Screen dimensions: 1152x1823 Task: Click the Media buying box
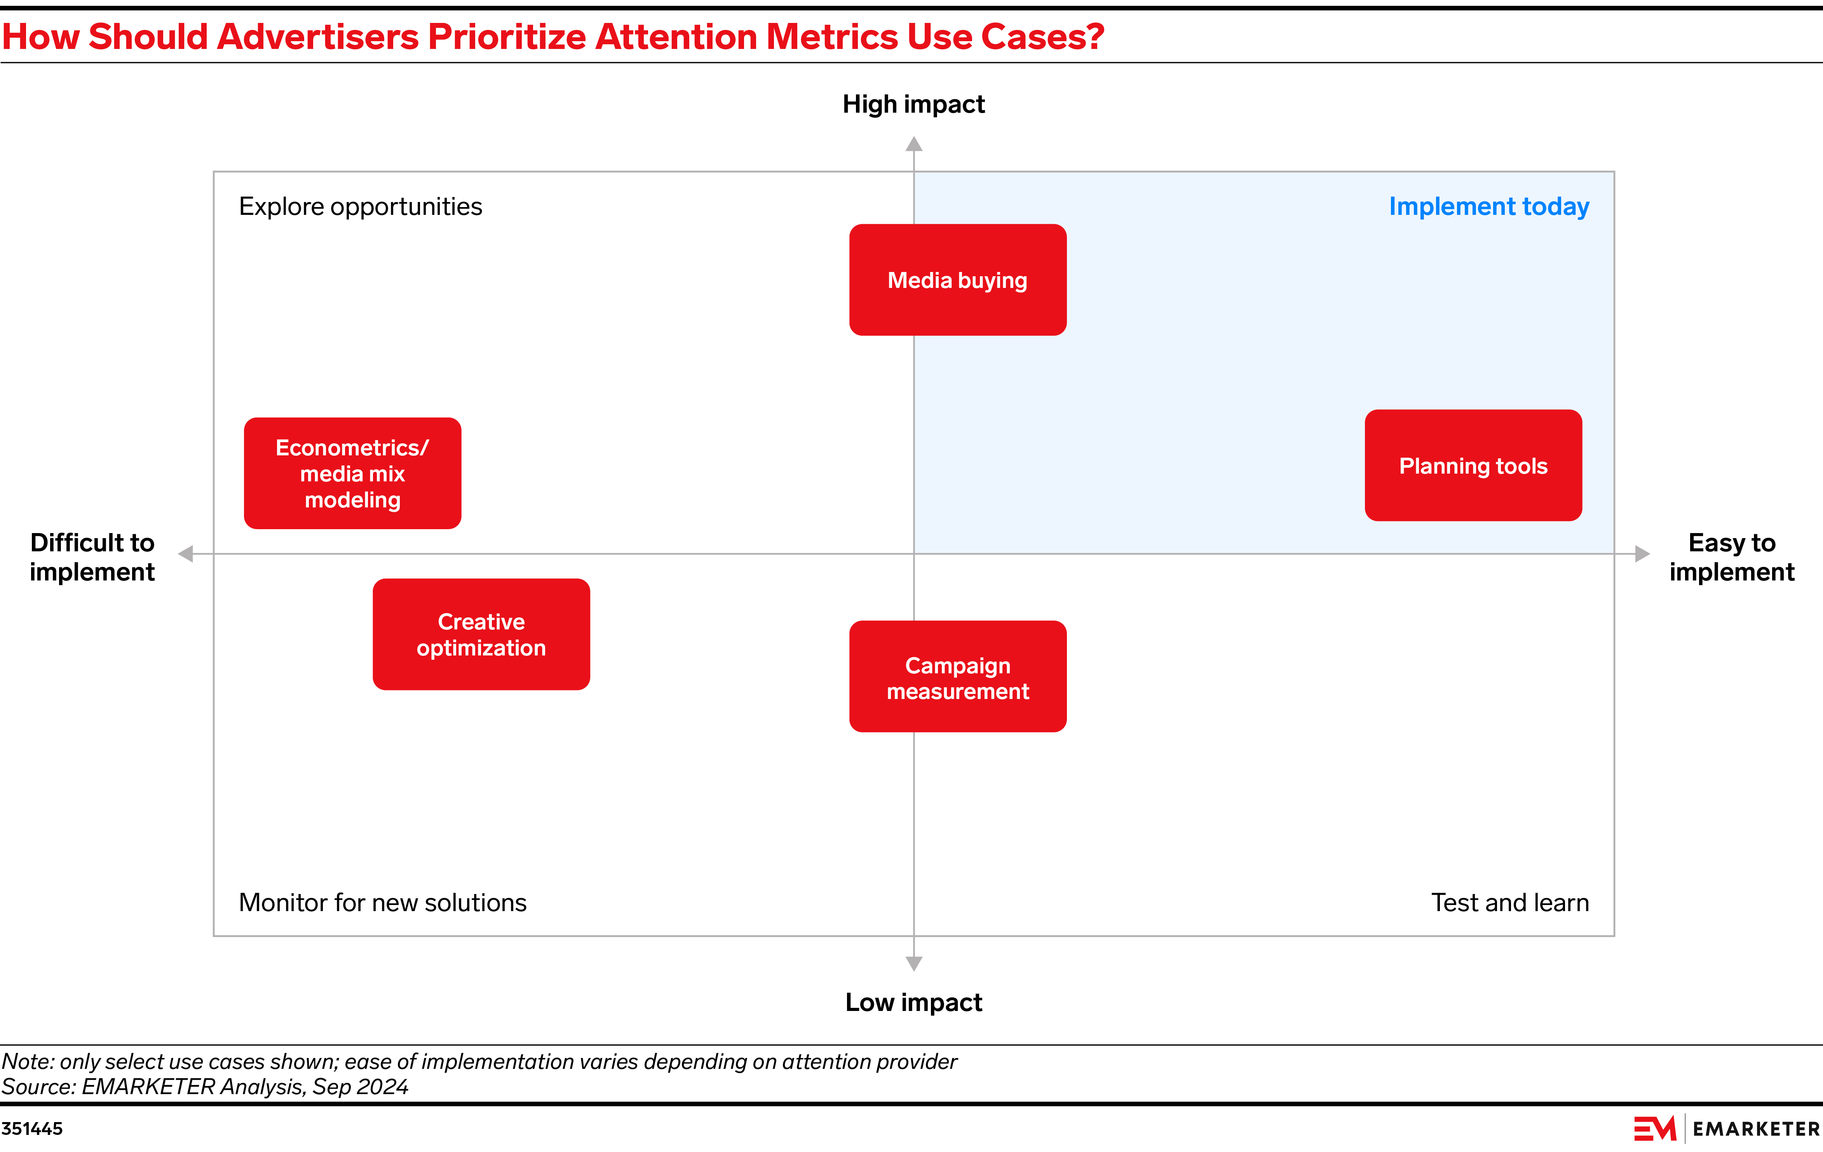[x=958, y=280]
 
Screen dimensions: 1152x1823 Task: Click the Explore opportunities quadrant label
[x=360, y=207]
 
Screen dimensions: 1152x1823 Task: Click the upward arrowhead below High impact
[x=914, y=144]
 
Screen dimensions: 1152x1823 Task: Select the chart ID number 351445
[x=32, y=1129]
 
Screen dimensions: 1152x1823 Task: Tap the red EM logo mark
[x=1655, y=1129]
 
